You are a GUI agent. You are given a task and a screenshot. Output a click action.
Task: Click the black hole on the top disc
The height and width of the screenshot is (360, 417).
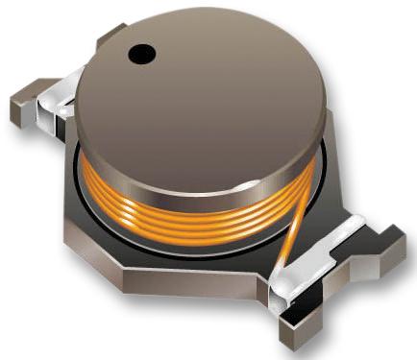[x=142, y=53]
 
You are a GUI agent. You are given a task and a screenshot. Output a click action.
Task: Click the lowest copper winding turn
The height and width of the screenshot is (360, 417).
[x=192, y=223]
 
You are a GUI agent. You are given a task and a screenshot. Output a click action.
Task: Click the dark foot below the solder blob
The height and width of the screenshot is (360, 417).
[x=293, y=322]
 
